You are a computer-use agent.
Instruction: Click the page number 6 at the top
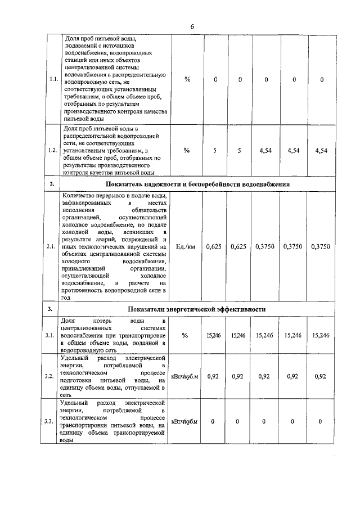[192, 26]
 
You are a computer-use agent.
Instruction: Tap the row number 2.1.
[51, 247]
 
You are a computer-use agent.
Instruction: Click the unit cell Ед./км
[186, 247]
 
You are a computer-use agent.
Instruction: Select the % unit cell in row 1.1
[187, 79]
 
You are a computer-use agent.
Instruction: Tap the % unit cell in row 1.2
[187, 151]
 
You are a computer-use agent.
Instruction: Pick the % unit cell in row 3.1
[185, 335]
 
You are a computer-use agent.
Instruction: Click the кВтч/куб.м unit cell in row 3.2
[185, 376]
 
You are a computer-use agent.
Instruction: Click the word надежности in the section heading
[161, 184]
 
